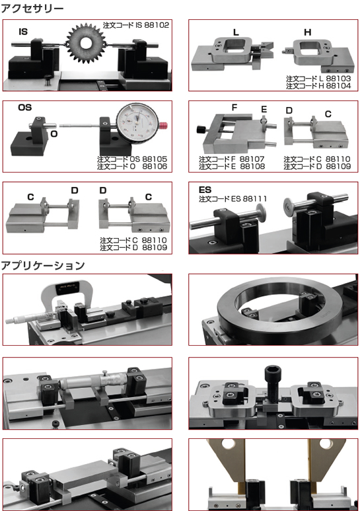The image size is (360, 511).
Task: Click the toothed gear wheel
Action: click(86, 43)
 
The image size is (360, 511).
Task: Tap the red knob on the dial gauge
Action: click(163, 126)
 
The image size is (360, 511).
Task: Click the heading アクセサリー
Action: click(32, 8)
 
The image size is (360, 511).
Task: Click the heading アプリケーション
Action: click(43, 266)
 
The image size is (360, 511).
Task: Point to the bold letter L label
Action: click(236, 32)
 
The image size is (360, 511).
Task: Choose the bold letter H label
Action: click(308, 32)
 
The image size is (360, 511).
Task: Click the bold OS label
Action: click(24, 108)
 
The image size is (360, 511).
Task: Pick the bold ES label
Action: click(205, 190)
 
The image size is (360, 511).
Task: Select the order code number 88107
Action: click(252, 159)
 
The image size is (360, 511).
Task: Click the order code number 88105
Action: click(155, 159)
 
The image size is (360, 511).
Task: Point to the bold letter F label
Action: click(234, 108)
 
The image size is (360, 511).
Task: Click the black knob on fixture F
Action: click(200, 130)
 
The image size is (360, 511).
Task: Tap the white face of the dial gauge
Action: click(137, 122)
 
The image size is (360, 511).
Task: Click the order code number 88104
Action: click(338, 86)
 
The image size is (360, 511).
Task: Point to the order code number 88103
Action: click(338, 79)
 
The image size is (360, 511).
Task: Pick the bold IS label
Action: click(23, 32)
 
